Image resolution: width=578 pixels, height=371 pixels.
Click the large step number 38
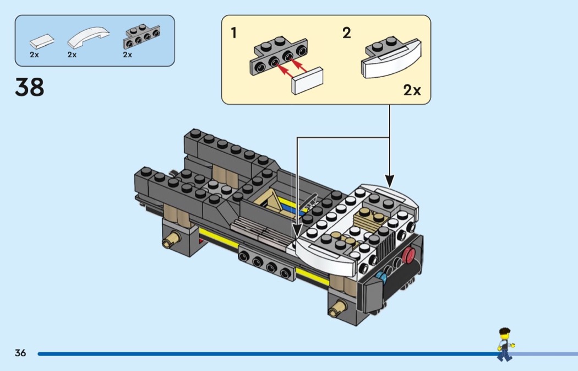(30, 87)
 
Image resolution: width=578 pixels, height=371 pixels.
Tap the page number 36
(20, 353)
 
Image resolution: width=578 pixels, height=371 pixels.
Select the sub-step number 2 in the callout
(346, 33)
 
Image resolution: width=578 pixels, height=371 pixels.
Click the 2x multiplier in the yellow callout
(412, 90)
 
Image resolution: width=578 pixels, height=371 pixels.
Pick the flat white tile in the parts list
(42, 40)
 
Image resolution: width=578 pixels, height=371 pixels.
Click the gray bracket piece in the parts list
(141, 37)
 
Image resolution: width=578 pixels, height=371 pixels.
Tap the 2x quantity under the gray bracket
(128, 55)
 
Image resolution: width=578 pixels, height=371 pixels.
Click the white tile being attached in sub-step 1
(308, 81)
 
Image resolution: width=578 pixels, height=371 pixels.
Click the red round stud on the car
(409, 255)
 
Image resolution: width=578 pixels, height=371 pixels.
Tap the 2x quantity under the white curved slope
(72, 55)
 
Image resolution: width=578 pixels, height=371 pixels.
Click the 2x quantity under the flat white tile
(34, 55)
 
